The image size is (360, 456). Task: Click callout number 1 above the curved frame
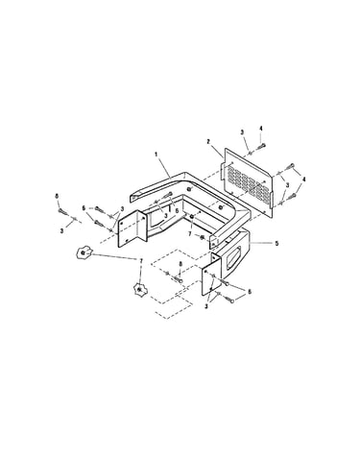(156, 155)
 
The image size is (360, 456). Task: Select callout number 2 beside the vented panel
(208, 141)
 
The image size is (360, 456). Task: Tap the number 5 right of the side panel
(276, 243)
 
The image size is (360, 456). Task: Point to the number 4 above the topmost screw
(261, 129)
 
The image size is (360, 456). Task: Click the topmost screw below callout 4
(261, 146)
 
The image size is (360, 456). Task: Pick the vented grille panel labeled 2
(247, 181)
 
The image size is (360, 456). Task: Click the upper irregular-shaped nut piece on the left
(84, 252)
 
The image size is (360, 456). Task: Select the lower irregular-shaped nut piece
(139, 289)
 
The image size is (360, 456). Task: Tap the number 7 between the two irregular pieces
(140, 261)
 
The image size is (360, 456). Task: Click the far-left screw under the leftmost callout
(62, 212)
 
